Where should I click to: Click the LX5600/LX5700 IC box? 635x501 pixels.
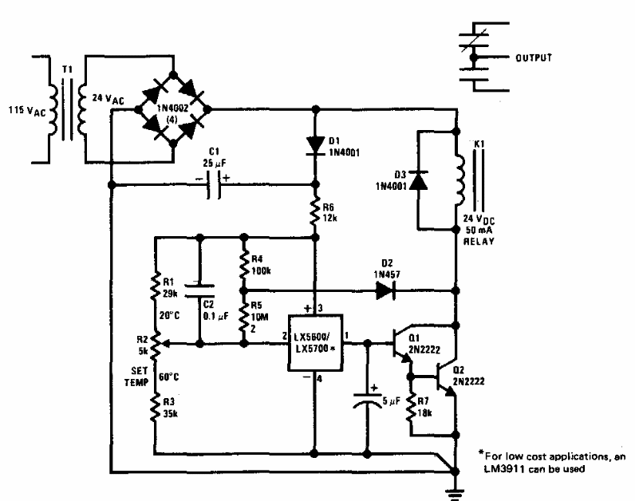(x=315, y=343)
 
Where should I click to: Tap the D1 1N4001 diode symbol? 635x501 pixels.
(x=315, y=146)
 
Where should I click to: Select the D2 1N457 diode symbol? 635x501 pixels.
(x=385, y=290)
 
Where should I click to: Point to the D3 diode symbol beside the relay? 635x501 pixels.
(x=418, y=180)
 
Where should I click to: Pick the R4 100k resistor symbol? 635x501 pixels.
(x=244, y=265)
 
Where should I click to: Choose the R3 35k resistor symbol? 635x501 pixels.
(x=155, y=408)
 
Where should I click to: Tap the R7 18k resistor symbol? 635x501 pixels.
(x=411, y=407)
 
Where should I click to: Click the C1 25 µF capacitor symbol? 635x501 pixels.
(x=214, y=185)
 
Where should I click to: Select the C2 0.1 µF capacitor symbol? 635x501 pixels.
(x=199, y=291)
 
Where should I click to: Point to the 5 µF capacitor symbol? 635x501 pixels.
(x=367, y=399)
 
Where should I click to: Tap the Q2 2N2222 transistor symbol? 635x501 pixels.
(x=446, y=377)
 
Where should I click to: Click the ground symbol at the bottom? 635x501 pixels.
(x=456, y=495)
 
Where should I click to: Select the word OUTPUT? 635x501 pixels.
(x=534, y=58)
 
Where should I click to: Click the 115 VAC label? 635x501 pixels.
(x=28, y=111)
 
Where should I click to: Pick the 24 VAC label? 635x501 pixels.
(x=108, y=99)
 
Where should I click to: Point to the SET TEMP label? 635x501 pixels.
(x=136, y=377)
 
